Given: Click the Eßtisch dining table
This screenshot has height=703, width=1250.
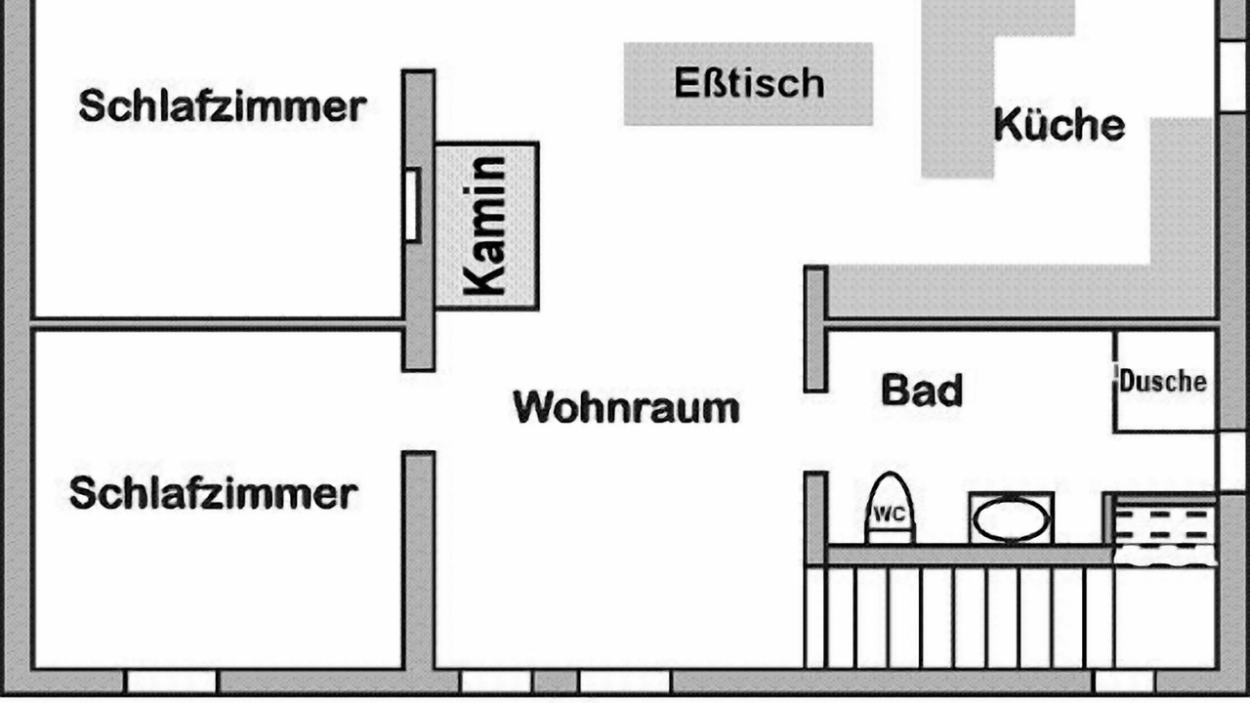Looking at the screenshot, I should (748, 84).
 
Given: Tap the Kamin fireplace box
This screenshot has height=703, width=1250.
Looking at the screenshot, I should (486, 227).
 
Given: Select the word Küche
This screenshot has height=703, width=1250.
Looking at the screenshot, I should (1059, 126).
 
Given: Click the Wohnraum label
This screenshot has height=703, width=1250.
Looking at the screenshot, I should (626, 407).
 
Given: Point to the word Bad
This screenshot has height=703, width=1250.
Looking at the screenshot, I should (922, 390).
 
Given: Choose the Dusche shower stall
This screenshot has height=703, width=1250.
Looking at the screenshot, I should (1164, 381).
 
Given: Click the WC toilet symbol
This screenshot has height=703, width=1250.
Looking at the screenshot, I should (889, 511).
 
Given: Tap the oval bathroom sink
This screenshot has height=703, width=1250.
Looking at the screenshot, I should (1011, 518).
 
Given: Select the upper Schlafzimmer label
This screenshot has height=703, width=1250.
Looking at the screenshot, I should (223, 105).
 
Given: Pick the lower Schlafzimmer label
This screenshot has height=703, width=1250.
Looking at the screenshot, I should (213, 493).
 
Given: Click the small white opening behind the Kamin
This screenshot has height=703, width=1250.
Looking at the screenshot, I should (412, 205).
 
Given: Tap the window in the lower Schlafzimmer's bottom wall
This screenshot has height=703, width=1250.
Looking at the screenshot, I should (171, 682).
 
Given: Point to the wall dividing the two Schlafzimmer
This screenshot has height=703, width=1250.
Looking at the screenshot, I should (217, 323).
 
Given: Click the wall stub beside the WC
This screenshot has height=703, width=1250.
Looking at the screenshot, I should (815, 517).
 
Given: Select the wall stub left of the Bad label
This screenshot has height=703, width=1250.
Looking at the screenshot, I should (815, 329).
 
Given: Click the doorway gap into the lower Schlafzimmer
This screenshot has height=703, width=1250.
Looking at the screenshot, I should (418, 411).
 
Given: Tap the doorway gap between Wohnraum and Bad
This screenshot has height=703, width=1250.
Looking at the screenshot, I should (815, 432).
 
